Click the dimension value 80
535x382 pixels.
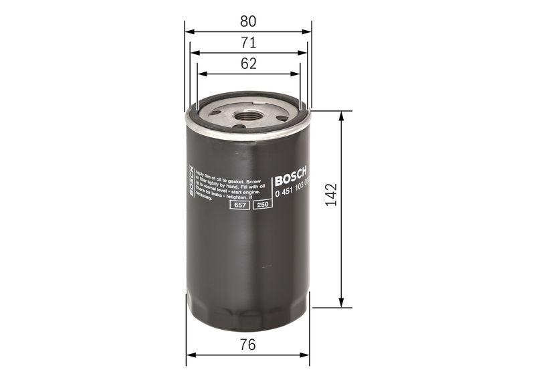pyautogui.click(x=248, y=21)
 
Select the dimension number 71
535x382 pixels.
pyautogui.click(x=248, y=43)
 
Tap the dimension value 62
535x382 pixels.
pyautogui.click(x=248, y=64)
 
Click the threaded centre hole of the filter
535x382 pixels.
pyautogui.click(x=248, y=115)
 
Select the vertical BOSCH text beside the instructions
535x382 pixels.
pyautogui.click(x=191, y=181)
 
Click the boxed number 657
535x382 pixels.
pyautogui.click(x=239, y=205)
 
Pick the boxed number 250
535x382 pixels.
pyautogui.click(x=261, y=205)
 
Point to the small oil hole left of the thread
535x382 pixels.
pyautogui.click(x=215, y=113)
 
